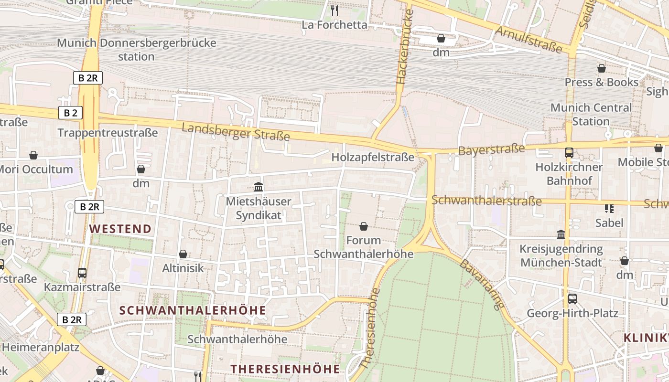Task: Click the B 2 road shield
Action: pyautogui.click(x=70, y=113)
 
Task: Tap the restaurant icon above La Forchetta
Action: pyautogui.click(x=334, y=10)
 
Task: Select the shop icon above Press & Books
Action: pyautogui.click(x=601, y=68)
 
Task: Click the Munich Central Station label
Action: pyautogui.click(x=591, y=114)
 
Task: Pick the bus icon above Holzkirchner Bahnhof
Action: pyautogui.click(x=569, y=153)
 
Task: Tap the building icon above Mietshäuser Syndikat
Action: pyautogui.click(x=259, y=187)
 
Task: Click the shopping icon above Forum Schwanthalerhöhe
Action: pyautogui.click(x=364, y=226)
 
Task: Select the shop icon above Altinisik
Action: pyautogui.click(x=183, y=254)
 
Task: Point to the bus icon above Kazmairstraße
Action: pyautogui.click(x=82, y=273)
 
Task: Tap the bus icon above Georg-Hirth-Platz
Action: pyautogui.click(x=572, y=299)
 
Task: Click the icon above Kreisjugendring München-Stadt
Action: pyautogui.click(x=561, y=235)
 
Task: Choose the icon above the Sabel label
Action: pyautogui.click(x=609, y=208)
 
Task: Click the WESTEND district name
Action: pyautogui.click(x=120, y=229)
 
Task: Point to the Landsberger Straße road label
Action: pyautogui.click(x=236, y=132)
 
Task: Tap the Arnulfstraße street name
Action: pyautogui.click(x=529, y=39)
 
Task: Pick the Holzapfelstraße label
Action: pyautogui.click(x=373, y=158)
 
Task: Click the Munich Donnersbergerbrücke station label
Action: pyautogui.click(x=137, y=50)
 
